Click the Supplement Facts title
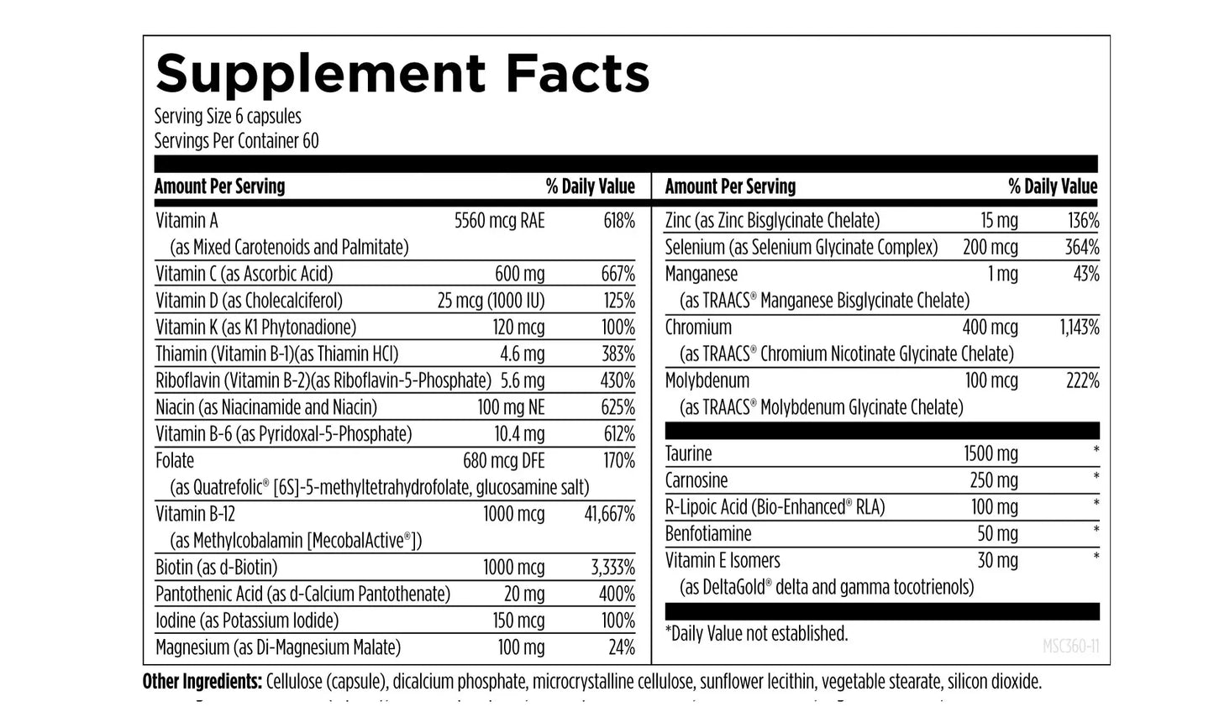pos(402,73)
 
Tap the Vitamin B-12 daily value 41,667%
pos(609,514)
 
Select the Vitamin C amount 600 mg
pos(519,274)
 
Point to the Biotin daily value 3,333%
pos(612,568)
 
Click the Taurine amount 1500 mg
pos(991,454)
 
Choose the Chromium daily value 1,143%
pos(1079,327)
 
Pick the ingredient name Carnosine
pos(696,481)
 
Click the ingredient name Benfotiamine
pos(707,534)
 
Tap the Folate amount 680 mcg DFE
pos(503,461)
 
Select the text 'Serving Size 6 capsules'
pos(227,117)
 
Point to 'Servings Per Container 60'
pos(236,141)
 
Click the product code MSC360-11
pos(1070,647)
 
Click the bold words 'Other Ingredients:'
pos(202,682)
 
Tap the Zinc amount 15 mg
pos(999,221)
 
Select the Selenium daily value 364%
pos(1081,248)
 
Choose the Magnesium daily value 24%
pos(621,647)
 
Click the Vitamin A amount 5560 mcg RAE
pos(499,221)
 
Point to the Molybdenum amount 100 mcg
pos(991,381)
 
